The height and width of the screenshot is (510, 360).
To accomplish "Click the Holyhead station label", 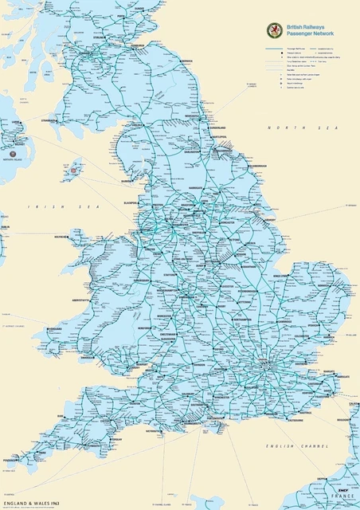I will [x=62, y=237].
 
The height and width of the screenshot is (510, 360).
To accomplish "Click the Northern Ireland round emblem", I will [x=13, y=148].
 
